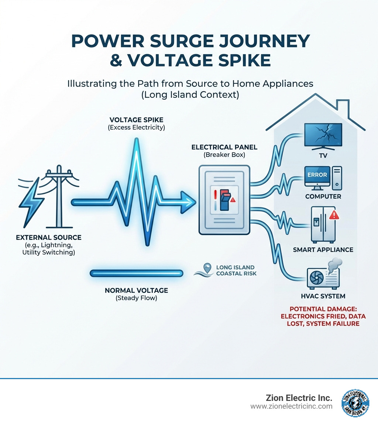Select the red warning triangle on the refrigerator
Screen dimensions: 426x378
334,215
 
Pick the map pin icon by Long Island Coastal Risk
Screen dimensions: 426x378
208,268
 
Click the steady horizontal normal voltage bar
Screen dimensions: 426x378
137,273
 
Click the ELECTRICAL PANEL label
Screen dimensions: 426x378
224,147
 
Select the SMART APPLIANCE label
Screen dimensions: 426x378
323,250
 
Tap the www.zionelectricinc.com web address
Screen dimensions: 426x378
291,406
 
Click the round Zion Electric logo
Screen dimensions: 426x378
355,402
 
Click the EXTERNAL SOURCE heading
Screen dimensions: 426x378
49,237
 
